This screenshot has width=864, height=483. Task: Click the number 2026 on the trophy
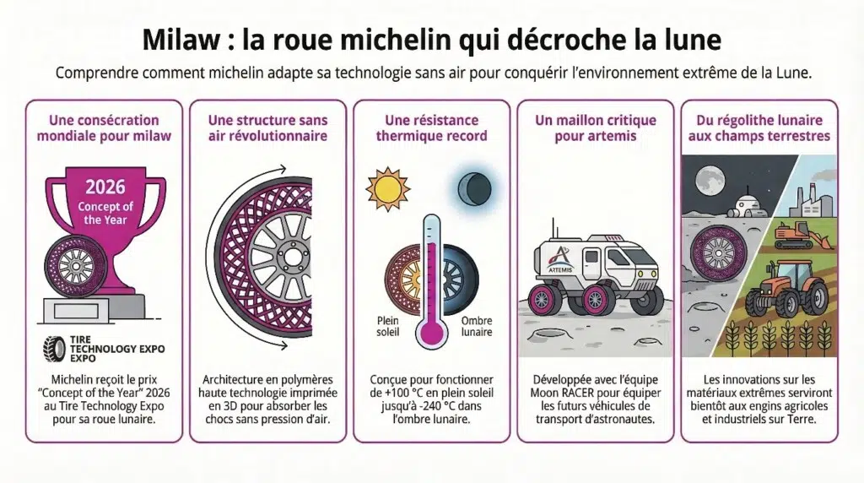click(105, 186)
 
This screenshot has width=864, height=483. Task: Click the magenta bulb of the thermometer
click(431, 333)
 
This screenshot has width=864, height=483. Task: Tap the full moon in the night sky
click(708, 177)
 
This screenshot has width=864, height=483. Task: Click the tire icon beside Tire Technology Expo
click(54, 348)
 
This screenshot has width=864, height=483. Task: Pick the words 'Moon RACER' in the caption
click(566, 393)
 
